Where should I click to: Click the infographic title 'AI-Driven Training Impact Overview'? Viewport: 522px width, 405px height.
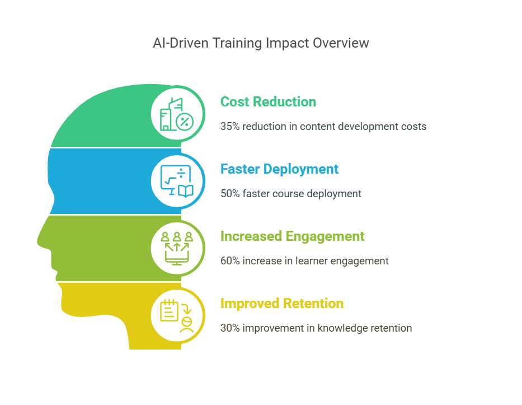261,43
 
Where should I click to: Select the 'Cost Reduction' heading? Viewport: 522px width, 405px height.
269,101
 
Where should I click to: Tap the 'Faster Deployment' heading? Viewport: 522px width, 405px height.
279,169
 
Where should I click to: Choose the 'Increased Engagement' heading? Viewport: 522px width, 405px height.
292,236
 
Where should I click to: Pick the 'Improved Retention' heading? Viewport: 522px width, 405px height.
282,304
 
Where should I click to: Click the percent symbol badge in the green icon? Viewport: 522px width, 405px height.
185,122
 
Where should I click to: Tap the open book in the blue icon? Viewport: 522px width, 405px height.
185,192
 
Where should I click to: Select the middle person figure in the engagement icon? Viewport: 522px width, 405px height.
177,236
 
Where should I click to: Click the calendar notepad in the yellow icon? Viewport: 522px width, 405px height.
169,310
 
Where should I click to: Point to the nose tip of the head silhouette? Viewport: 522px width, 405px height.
38,243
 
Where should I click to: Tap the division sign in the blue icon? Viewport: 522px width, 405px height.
181,173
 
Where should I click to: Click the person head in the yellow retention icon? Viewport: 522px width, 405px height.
187,322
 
